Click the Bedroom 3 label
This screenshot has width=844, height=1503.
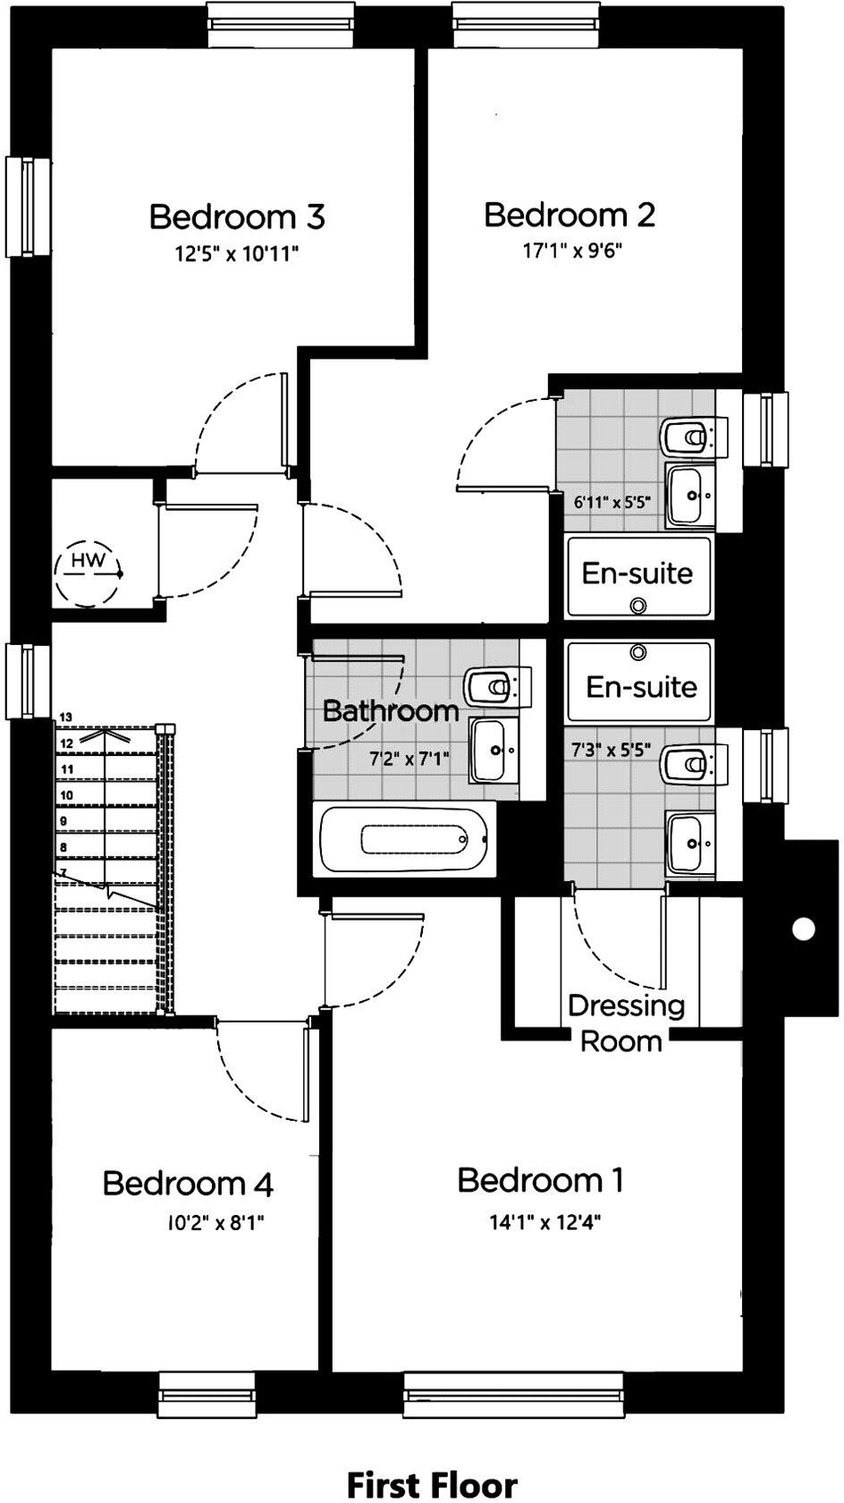(x=236, y=217)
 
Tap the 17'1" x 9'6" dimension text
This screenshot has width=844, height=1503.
(x=572, y=251)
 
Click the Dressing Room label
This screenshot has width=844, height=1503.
(x=625, y=1023)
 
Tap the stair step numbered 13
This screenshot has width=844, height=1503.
(x=66, y=717)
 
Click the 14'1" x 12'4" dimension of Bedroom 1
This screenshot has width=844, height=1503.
(x=544, y=1222)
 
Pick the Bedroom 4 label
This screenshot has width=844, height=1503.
(x=188, y=1184)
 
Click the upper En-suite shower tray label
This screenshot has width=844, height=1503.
(x=637, y=573)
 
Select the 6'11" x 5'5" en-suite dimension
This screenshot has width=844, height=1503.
(x=612, y=503)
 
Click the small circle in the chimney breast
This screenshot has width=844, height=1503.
(x=804, y=929)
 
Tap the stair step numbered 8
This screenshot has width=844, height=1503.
(x=63, y=846)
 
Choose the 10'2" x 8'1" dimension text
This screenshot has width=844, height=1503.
(x=215, y=1223)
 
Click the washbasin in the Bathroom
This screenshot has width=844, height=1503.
(x=494, y=751)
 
